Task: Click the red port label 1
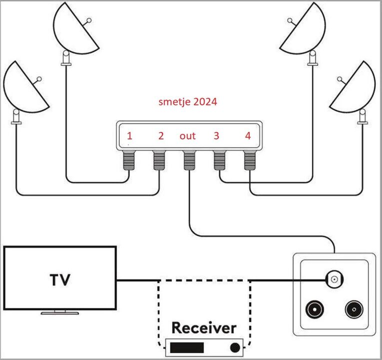click(x=130, y=135)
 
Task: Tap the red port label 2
click(x=161, y=135)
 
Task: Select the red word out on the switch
click(x=188, y=135)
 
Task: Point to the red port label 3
click(x=216, y=135)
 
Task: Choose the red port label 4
click(x=248, y=135)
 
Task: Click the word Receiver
click(x=203, y=328)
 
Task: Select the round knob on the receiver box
click(x=234, y=347)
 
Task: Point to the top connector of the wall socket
click(x=334, y=279)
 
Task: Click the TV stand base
click(x=59, y=313)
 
